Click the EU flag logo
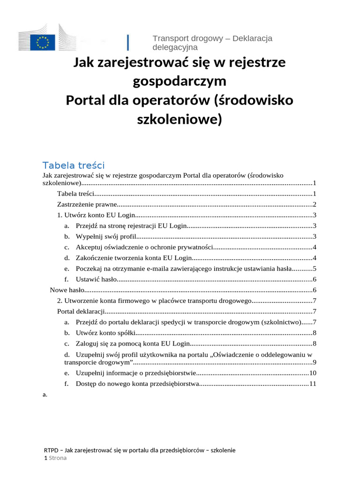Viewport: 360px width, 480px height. (x=43, y=42)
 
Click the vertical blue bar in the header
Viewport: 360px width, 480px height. (x=128, y=42)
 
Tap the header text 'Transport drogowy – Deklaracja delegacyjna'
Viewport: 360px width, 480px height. (x=212, y=43)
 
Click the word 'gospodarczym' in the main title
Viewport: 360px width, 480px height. (x=180, y=81)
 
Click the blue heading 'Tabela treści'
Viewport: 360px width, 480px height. (x=73, y=165)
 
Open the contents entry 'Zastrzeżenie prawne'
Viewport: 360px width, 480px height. (x=86, y=204)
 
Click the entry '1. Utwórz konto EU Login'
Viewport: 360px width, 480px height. (x=96, y=215)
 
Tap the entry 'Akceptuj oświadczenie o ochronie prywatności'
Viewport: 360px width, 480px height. (x=144, y=247)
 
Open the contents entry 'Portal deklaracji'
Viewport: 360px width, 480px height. (x=80, y=311)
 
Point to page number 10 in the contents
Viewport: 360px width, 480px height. (x=313, y=373)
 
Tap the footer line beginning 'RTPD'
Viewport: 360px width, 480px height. (x=139, y=450)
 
